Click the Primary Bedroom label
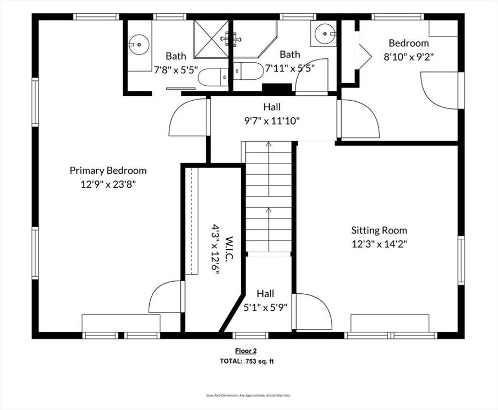(x=108, y=171)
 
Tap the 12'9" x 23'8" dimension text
(x=108, y=184)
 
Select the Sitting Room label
(x=379, y=230)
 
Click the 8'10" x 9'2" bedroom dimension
(x=409, y=57)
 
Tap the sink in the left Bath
(x=139, y=45)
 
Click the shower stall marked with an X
(x=211, y=39)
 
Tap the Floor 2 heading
(x=246, y=351)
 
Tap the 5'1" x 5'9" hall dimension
(x=266, y=307)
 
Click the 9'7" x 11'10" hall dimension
(x=272, y=121)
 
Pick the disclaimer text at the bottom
(x=248, y=395)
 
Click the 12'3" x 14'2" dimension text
(x=379, y=244)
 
